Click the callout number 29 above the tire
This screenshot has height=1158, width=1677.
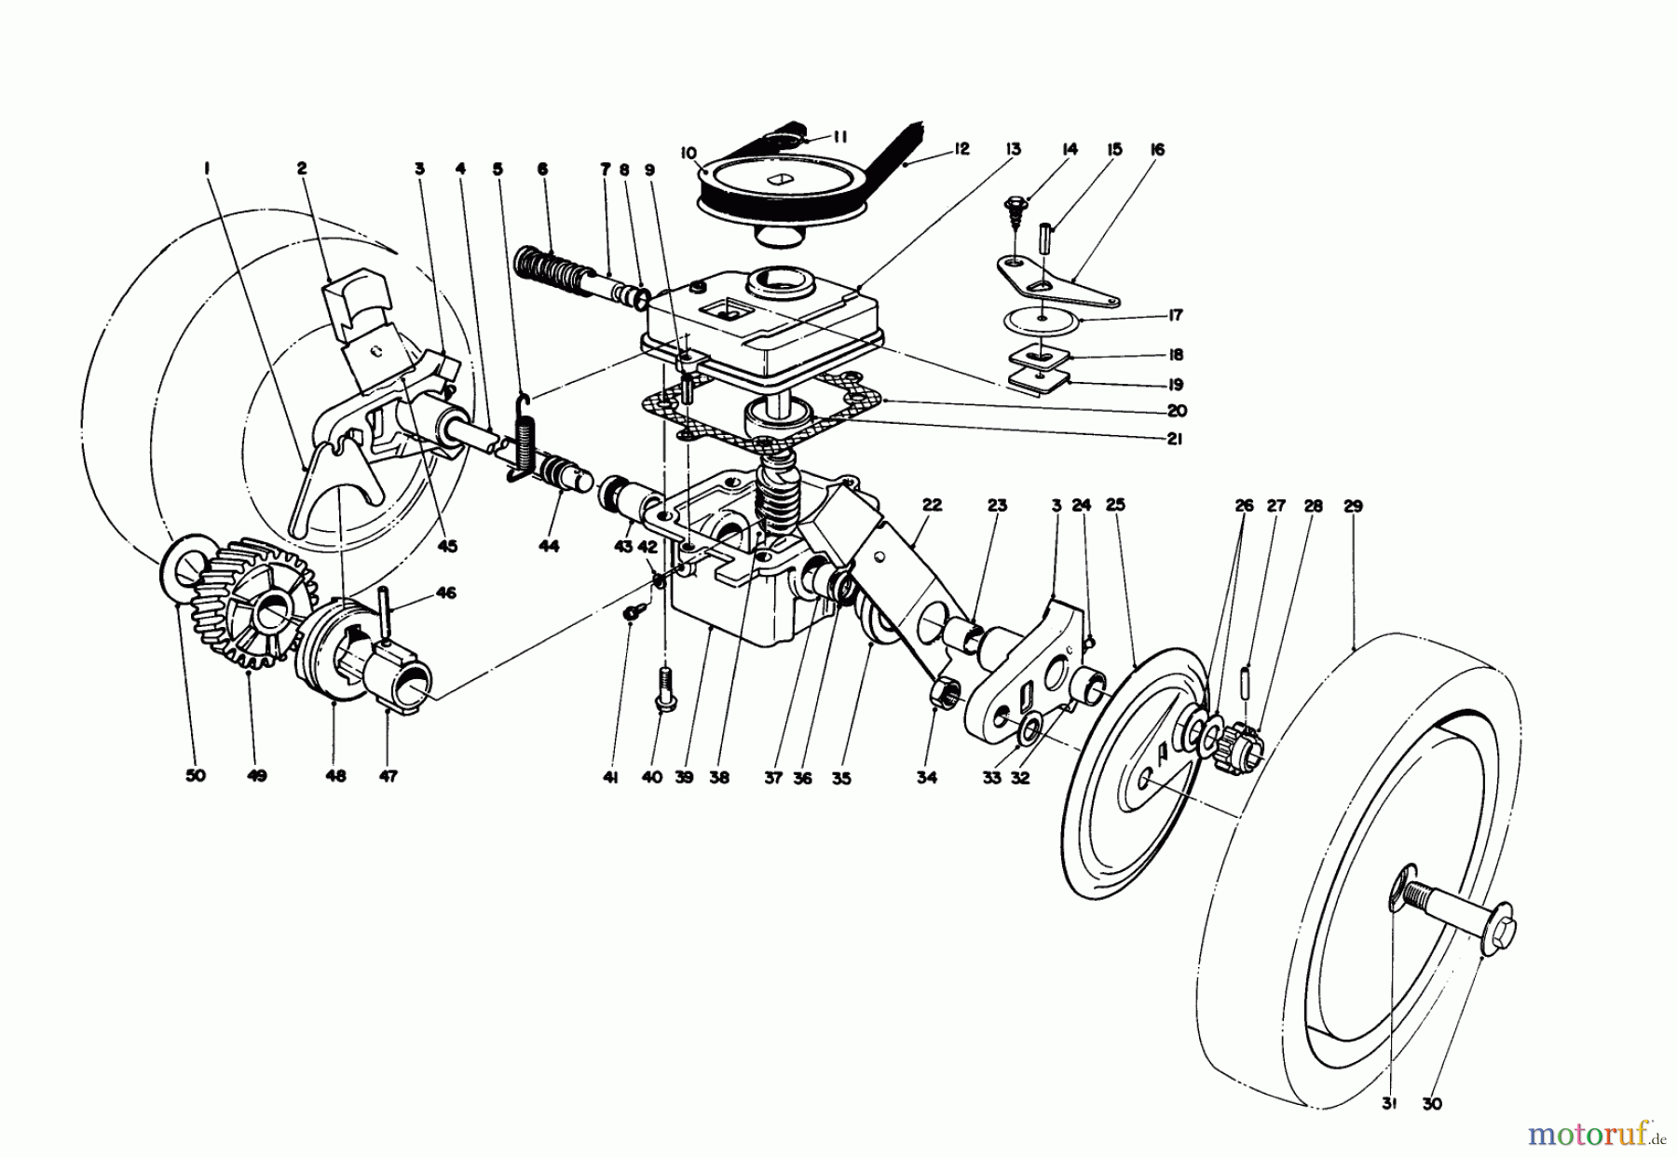(x=1353, y=506)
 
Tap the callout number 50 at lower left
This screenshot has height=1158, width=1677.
(x=195, y=775)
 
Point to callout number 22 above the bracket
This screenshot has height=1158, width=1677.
(x=932, y=505)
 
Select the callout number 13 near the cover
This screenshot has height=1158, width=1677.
(x=1013, y=149)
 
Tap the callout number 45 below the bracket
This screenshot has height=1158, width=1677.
(x=448, y=547)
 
